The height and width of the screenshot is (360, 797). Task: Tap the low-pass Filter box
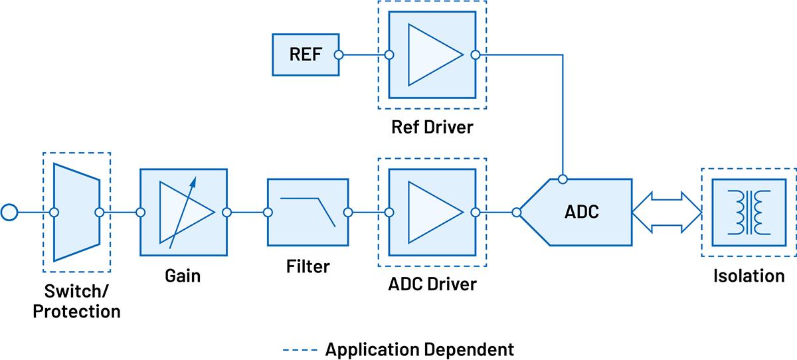coord(308,213)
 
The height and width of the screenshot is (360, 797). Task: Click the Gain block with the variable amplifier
coord(183,213)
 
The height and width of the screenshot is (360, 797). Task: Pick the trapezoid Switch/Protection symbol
coord(76,212)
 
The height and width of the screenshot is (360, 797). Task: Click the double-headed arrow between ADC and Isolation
coord(666,213)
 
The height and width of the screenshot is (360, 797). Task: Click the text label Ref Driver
coord(432,126)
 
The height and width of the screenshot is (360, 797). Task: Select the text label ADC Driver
coord(432,284)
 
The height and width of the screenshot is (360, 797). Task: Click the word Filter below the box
coord(308,267)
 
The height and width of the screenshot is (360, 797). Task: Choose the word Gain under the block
coord(183,275)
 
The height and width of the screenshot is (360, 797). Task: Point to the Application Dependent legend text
coord(419,349)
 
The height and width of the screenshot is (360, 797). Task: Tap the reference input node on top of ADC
coord(563,179)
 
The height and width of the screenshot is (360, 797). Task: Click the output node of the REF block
coord(338,55)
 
